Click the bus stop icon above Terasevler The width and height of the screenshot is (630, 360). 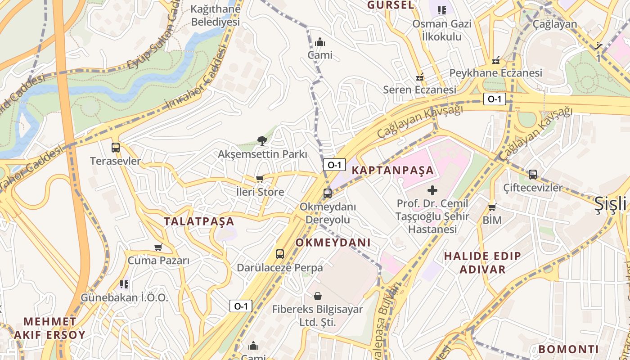tap(116, 147)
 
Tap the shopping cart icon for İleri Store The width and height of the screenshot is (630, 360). tap(260, 179)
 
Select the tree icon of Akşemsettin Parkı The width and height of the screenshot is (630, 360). tap(262, 141)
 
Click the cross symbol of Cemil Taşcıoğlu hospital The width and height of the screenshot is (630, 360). tap(432, 190)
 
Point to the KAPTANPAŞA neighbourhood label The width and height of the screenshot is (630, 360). tap(392, 171)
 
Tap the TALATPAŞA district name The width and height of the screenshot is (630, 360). tap(199, 221)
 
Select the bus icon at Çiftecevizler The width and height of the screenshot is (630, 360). tap(533, 174)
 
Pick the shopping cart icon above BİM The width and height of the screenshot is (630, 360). tap(492, 207)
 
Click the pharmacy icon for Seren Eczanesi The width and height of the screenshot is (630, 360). tap(420, 77)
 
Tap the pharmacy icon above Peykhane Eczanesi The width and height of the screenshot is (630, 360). tap(495, 60)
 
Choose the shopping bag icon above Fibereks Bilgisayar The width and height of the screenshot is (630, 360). tap(318, 296)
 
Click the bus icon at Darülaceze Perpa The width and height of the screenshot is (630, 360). tap(280, 254)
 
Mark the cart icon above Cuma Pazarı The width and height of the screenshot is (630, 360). tap(158, 247)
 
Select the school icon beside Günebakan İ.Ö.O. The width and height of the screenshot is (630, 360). tap(124, 284)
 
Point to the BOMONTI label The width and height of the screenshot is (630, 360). tap(568, 349)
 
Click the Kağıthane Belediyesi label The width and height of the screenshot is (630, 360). tap(215, 15)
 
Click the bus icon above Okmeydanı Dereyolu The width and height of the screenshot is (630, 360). tap(328, 193)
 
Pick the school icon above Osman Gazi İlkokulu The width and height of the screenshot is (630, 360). tap(441, 10)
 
